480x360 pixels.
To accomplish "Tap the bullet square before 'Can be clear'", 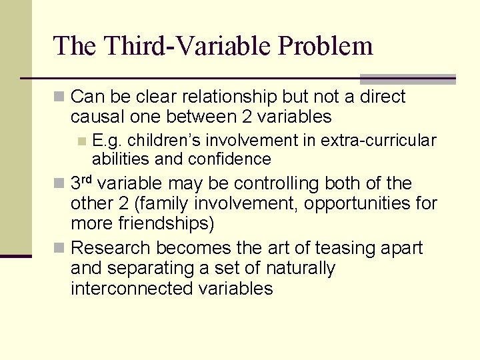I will (x=60, y=97).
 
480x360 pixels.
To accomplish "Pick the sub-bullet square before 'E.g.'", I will (x=81, y=141).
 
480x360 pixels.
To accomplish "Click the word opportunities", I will (x=351, y=203).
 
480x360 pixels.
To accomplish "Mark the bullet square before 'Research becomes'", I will (x=60, y=249).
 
